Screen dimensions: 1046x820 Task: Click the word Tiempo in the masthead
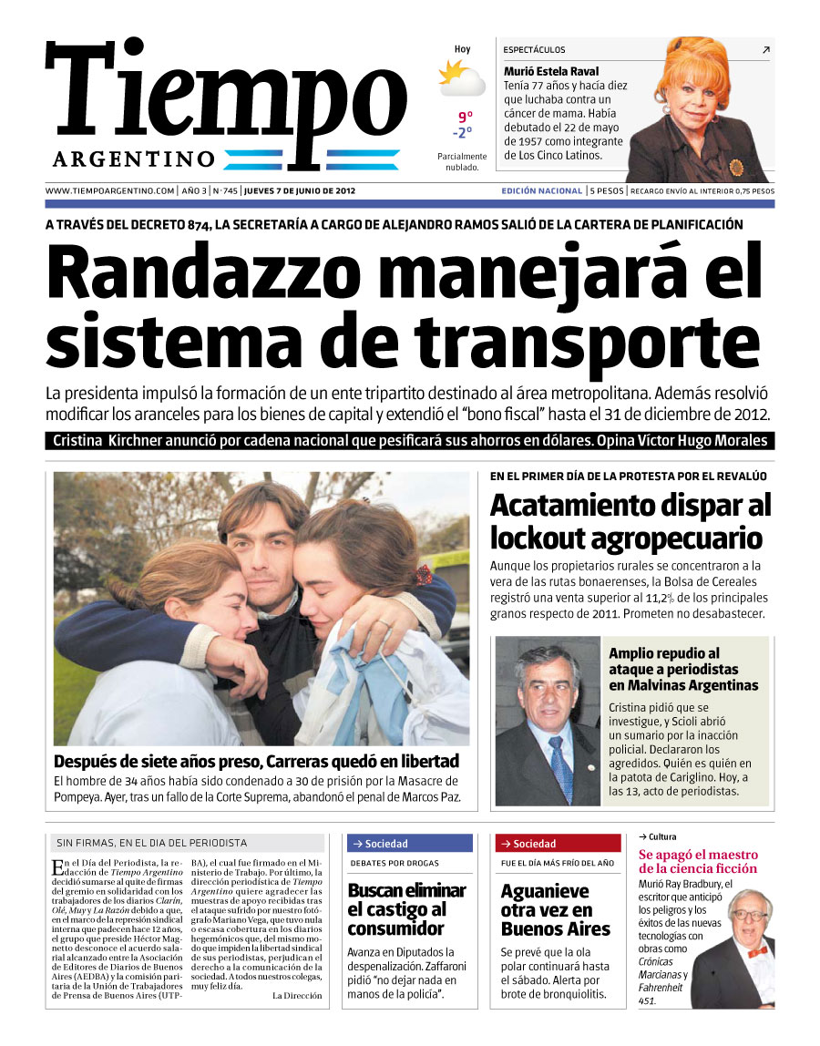tap(226, 96)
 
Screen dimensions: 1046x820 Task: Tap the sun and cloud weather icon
tap(461, 78)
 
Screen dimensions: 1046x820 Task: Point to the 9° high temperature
tap(466, 117)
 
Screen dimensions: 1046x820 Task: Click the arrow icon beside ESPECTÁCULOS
tap(765, 50)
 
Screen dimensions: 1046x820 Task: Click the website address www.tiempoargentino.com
tap(109, 191)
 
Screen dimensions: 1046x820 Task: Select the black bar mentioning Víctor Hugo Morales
tap(410, 441)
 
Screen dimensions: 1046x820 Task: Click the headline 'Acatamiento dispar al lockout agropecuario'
tap(630, 521)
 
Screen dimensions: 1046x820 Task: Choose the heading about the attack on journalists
tap(683, 670)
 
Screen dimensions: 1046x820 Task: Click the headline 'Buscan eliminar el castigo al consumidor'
tap(406, 909)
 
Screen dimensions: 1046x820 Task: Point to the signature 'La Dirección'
tap(297, 996)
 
